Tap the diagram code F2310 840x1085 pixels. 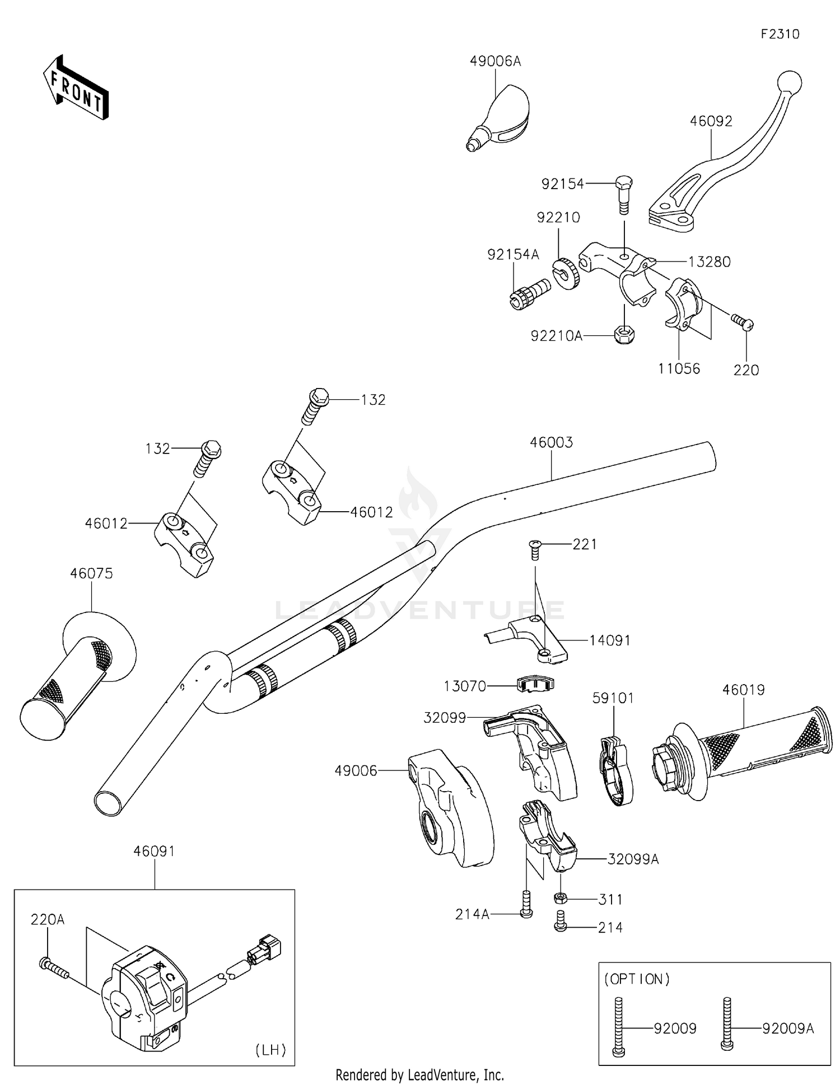tap(780, 34)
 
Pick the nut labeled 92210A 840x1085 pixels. tap(624, 335)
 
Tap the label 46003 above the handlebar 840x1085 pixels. tap(551, 442)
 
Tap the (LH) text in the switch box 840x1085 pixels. tap(271, 1049)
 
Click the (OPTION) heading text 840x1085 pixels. tap(637, 979)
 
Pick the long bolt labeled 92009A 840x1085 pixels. tap(727, 1024)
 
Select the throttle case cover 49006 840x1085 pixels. tap(451, 809)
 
